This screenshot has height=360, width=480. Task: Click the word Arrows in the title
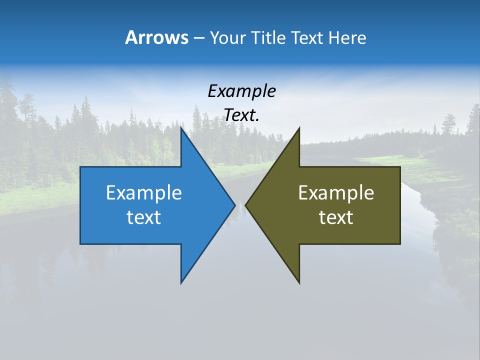(156, 37)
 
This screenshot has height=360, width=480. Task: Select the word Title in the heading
(267, 37)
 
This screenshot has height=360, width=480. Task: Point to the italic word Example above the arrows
(241, 91)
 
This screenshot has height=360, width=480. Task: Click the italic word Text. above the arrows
(241, 115)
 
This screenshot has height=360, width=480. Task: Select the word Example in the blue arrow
(144, 193)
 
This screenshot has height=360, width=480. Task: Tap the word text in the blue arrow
(144, 217)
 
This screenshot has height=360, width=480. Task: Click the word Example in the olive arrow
(336, 193)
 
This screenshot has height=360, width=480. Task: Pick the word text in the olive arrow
(336, 217)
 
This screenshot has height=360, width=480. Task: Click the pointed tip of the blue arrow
(235, 205)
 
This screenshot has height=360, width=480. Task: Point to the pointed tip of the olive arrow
(245, 205)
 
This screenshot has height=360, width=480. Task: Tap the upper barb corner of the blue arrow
(181, 127)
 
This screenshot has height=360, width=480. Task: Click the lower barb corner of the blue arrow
(181, 283)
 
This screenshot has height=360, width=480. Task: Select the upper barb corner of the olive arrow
(299, 127)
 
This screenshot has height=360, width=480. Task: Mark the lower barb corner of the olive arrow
(299, 283)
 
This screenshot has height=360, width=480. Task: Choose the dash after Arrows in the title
(198, 38)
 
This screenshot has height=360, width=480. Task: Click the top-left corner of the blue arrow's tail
(80, 167)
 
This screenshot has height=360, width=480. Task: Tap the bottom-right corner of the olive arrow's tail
(400, 244)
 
